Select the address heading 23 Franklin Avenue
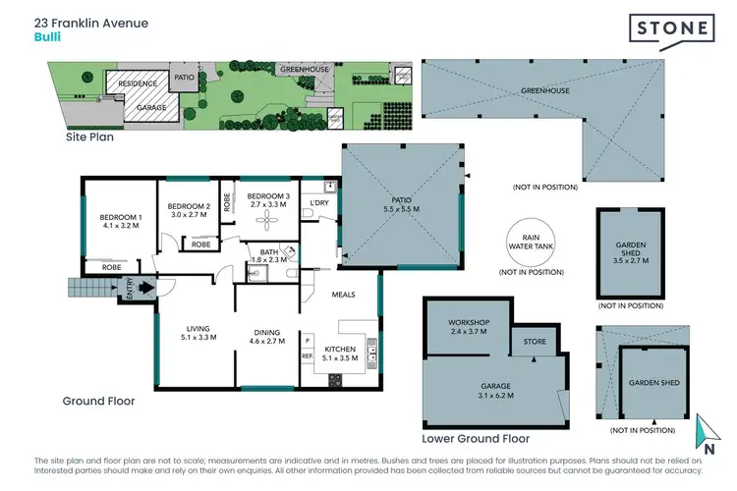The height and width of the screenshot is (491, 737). click(x=90, y=21)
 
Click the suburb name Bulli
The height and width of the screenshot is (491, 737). click(x=45, y=38)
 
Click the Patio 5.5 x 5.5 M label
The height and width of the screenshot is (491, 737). click(x=400, y=205)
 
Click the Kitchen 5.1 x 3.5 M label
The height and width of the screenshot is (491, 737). click(x=340, y=354)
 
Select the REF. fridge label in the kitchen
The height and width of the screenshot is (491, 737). click(x=307, y=355)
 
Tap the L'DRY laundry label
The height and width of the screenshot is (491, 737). click(x=319, y=202)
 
